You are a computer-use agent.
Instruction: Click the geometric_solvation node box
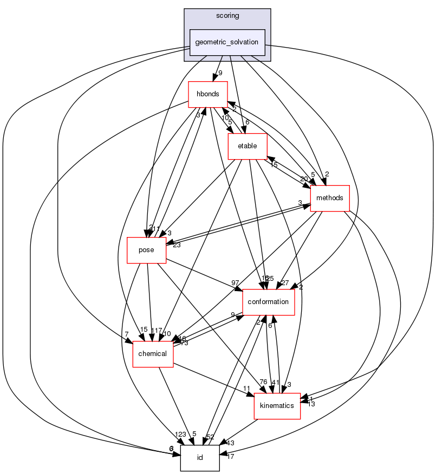[x=227, y=42]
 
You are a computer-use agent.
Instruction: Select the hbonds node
[x=207, y=94]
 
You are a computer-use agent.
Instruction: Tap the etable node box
[x=248, y=146]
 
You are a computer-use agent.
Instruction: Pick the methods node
[x=329, y=198]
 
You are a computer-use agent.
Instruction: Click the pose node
[x=146, y=250]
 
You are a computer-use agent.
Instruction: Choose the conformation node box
[x=269, y=302]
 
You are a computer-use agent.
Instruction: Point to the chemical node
[x=153, y=354]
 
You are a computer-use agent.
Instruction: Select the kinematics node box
[x=277, y=405]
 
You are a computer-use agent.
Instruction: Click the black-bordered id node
[x=199, y=458]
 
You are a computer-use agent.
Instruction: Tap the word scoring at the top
[x=227, y=16]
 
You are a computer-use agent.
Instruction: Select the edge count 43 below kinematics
[x=230, y=443]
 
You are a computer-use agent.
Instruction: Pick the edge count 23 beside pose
[x=177, y=244]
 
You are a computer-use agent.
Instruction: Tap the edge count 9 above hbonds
[x=220, y=73]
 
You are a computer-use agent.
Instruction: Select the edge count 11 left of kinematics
[x=246, y=389]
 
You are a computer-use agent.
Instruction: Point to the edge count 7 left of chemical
[x=125, y=335]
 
